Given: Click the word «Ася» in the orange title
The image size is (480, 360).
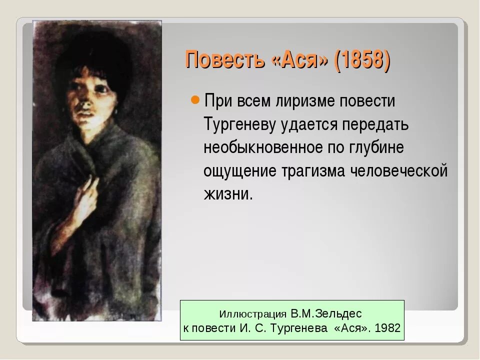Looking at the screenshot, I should coord(300,60).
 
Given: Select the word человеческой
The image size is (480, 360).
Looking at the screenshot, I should coord(398,171).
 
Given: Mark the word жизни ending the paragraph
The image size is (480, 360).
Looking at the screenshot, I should coord(226,194).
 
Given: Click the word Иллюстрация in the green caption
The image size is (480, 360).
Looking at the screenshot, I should coord(253,314).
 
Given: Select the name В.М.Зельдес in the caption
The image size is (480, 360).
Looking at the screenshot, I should coord(325,314).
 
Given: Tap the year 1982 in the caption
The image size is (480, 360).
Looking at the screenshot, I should coord(387,328).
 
